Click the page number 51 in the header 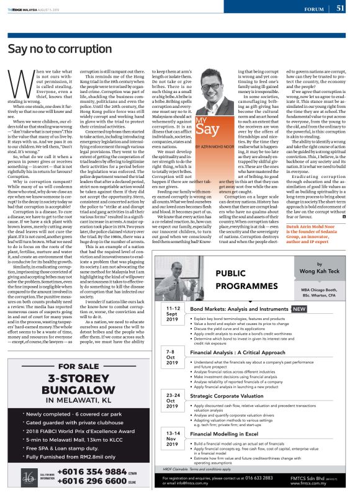point(341,8)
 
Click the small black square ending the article point(343,234)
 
